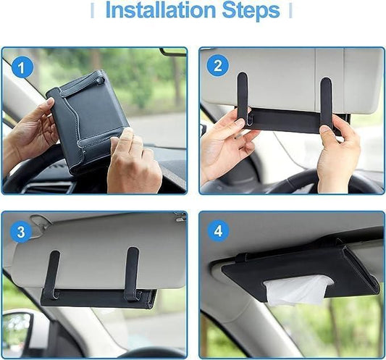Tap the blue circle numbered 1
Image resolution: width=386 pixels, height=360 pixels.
point(24,68)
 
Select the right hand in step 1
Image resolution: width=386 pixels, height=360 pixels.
point(134,163)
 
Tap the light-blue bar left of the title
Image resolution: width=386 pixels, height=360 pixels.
point(92,12)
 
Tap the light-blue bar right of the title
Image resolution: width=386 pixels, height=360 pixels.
point(290,12)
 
